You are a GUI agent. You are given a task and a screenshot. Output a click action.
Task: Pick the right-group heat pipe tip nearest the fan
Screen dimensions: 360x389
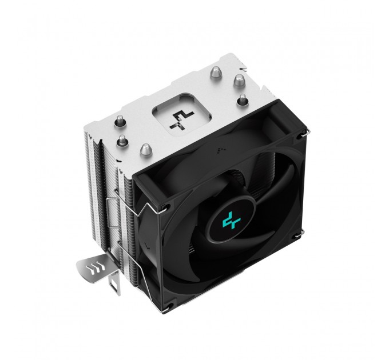(242, 100)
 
